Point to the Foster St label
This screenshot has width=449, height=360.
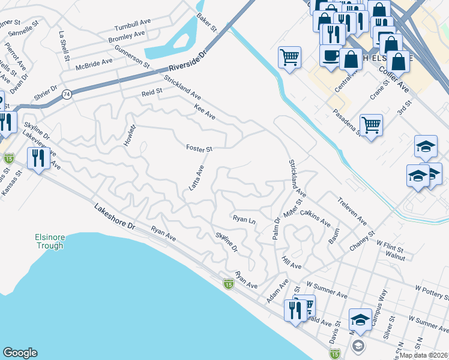point(199,148)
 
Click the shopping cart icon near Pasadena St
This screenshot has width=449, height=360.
point(371,125)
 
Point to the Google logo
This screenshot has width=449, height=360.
point(20,353)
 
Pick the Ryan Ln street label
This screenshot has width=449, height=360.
point(244,220)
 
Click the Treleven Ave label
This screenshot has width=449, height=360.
point(352,211)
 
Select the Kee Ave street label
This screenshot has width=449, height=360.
point(204,112)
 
